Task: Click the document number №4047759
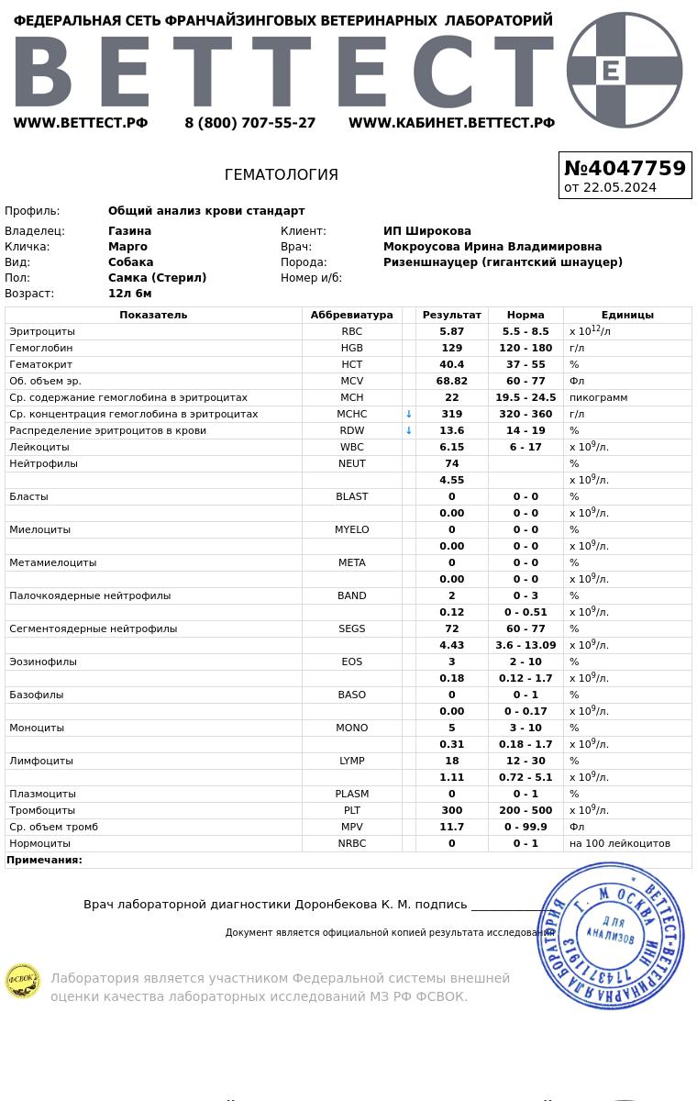coord(625,169)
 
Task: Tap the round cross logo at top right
coord(625,70)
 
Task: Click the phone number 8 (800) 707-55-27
coord(249,123)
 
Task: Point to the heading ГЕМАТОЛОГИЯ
coord(281,174)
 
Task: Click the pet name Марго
coord(127,247)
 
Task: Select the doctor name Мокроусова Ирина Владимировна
coord(492,247)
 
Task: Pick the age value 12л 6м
coord(129,294)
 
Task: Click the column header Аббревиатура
coord(351,315)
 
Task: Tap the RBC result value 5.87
coord(451,331)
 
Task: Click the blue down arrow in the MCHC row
coord(409,414)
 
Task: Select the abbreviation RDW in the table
coord(351,430)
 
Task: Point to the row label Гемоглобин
coord(40,348)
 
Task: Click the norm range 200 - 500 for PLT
coord(526,810)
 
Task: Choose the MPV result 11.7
coord(451,827)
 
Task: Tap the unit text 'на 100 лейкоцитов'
coord(619,843)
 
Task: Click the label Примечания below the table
coord(44,860)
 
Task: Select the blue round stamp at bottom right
coord(611,936)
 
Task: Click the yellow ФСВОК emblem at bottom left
coord(22,981)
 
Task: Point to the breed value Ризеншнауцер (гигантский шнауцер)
coord(503,262)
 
